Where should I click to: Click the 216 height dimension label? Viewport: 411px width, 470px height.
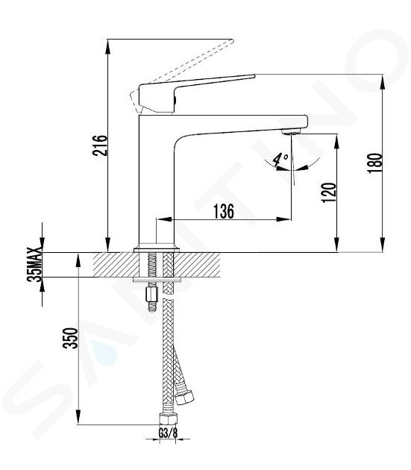[x=99, y=145]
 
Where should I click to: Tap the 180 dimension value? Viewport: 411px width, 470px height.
[x=374, y=163]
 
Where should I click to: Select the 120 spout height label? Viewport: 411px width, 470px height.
[x=328, y=192]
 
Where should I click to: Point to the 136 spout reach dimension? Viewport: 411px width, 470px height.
[x=223, y=211]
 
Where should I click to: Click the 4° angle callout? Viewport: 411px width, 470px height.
[x=281, y=160]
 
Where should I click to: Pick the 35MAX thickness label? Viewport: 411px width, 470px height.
[x=34, y=265]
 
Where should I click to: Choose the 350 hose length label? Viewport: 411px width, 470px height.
[x=70, y=338]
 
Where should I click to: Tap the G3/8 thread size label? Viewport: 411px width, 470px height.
[x=168, y=433]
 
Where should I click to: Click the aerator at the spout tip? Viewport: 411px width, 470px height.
[x=291, y=131]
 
